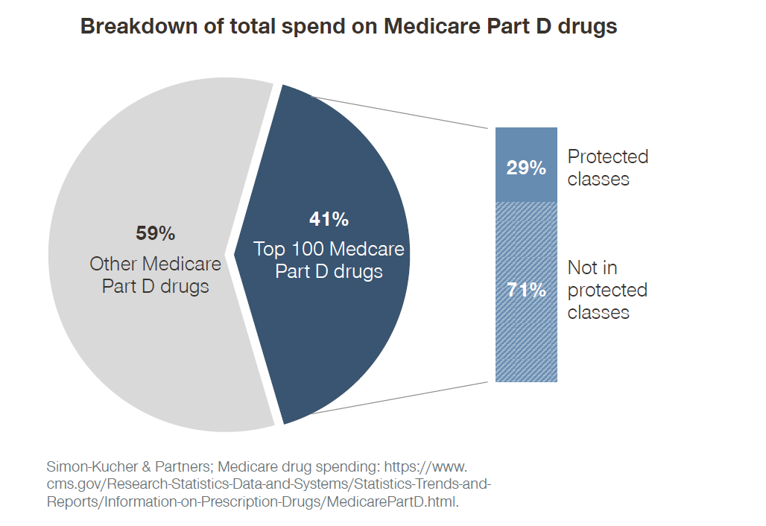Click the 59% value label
155,233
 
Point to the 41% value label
329,219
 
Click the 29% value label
526,168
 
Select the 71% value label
526,290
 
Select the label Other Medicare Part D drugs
155,275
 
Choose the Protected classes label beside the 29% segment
607,168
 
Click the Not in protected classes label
607,290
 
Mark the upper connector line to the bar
402,112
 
